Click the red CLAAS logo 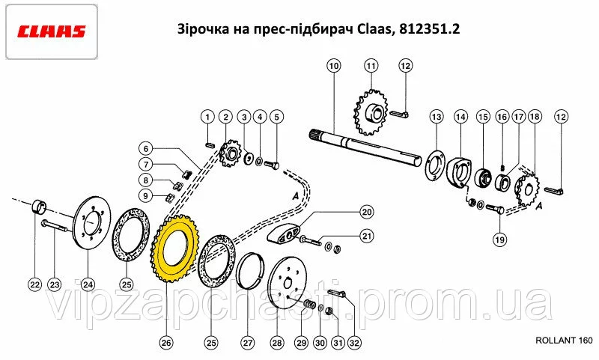click(x=51, y=31)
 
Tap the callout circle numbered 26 click(x=166, y=343)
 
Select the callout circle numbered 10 click(x=334, y=66)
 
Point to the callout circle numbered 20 click(x=367, y=212)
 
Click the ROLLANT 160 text click(x=564, y=341)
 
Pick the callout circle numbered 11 click(x=371, y=66)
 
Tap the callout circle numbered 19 click(x=499, y=240)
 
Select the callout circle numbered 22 click(x=34, y=284)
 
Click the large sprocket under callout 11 click(x=371, y=112)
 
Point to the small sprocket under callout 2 click(x=230, y=155)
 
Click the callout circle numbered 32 click(x=354, y=343)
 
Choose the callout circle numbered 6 click(x=145, y=148)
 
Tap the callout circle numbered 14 click(x=460, y=117)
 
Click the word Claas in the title click(x=374, y=29)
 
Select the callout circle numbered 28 click(x=276, y=343)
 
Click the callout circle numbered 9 click(x=145, y=196)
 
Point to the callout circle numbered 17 click(x=518, y=117)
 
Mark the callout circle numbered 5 click(x=276, y=117)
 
